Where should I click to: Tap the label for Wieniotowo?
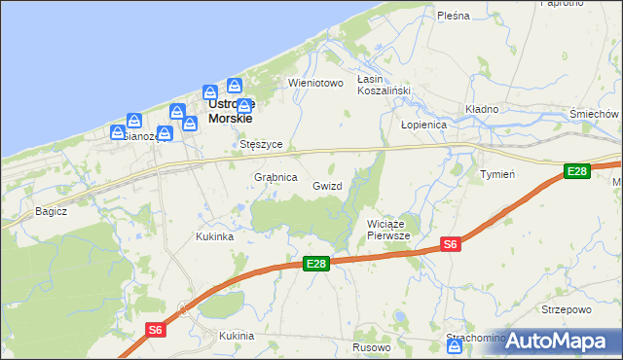(x=316, y=83)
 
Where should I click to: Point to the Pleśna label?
(x=454, y=16)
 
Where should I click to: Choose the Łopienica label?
(x=423, y=126)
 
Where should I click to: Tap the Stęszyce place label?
(x=261, y=144)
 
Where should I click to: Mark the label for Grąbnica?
(x=275, y=178)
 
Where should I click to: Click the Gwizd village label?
(x=327, y=185)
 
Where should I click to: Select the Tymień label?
(x=497, y=174)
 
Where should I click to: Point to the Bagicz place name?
(x=51, y=210)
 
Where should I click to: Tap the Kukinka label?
(x=214, y=236)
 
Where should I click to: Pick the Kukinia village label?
(x=237, y=336)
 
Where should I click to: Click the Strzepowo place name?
(x=566, y=309)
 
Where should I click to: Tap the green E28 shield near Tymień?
(x=577, y=172)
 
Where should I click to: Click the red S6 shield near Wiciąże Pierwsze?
(x=451, y=245)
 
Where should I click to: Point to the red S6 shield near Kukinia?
(x=156, y=330)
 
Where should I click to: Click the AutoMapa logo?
(x=555, y=341)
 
